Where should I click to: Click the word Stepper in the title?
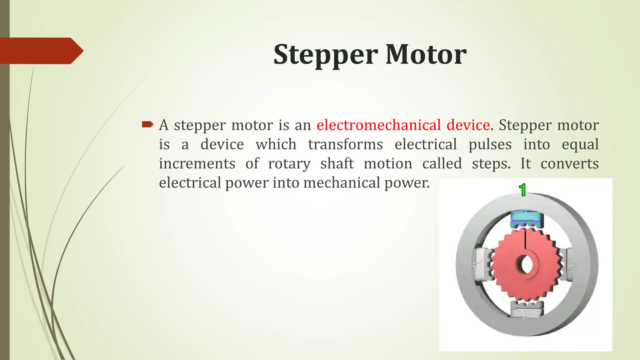(326, 55)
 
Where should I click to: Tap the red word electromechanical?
(378, 125)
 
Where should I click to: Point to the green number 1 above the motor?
(522, 190)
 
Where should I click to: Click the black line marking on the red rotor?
(526, 239)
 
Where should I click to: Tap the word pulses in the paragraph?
(490, 145)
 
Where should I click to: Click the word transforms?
(345, 145)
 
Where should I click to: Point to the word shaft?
(337, 164)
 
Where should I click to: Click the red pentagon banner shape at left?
(41, 51)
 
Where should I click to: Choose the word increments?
(197, 164)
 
